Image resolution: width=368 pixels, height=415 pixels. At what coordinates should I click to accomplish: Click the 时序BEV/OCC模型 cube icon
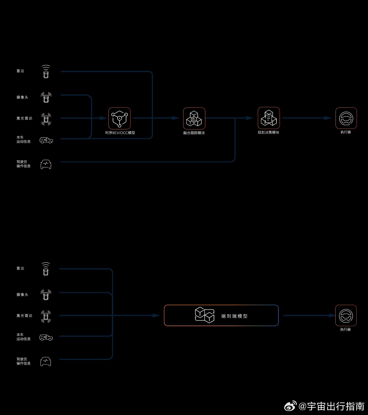[119, 118]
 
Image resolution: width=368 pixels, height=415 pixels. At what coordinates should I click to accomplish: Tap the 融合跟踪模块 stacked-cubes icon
[194, 118]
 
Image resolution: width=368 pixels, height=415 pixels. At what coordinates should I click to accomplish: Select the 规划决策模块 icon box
[269, 118]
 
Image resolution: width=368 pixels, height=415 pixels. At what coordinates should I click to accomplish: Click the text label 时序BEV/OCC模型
[120, 133]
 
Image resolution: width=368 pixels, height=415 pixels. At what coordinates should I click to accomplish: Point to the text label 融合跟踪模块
[194, 133]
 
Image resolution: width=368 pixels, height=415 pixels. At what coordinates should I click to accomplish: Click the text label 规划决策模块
[268, 132]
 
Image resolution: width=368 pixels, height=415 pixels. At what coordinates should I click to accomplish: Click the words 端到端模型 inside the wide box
[234, 316]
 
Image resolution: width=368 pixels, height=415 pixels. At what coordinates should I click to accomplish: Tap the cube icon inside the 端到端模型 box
[205, 315]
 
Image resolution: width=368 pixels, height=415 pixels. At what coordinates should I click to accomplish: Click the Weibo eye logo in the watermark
[290, 406]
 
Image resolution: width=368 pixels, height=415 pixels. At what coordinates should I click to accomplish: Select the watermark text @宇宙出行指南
[331, 406]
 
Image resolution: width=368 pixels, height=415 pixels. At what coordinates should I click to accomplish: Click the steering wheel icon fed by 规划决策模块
[346, 118]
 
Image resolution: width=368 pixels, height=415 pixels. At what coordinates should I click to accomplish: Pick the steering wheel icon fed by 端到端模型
[346, 315]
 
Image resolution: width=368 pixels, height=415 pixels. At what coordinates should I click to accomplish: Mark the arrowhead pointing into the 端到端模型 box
[156, 315]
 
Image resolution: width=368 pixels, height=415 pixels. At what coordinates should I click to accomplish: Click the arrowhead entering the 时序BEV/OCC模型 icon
[104, 118]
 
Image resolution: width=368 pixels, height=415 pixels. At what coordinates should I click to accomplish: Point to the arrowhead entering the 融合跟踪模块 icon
[176, 118]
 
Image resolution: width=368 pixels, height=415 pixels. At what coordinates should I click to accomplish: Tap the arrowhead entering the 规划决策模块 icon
[250, 118]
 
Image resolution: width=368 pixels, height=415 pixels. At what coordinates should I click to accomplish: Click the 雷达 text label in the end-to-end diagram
[20, 268]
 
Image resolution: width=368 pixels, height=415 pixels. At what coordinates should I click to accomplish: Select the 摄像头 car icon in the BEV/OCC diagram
[46, 97]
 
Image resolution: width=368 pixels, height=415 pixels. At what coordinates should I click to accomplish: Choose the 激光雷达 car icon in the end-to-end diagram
[46, 316]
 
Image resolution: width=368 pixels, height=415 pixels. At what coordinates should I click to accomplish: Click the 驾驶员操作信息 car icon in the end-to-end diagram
[46, 361]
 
